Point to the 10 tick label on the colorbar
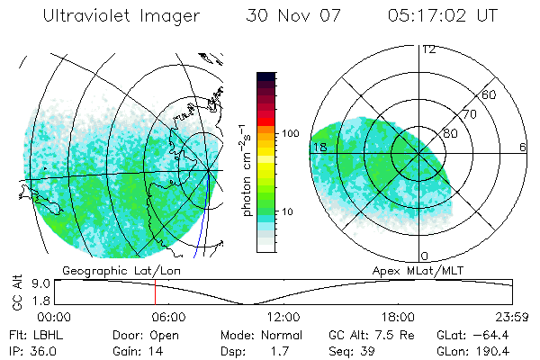[x=290, y=212]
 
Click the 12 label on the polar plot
[x=429, y=49]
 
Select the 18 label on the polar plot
[x=318, y=146]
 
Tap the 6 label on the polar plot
[x=523, y=147]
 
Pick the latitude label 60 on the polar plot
[x=490, y=94]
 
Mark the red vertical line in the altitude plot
[x=155, y=292]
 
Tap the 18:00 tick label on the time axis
[x=398, y=317]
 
